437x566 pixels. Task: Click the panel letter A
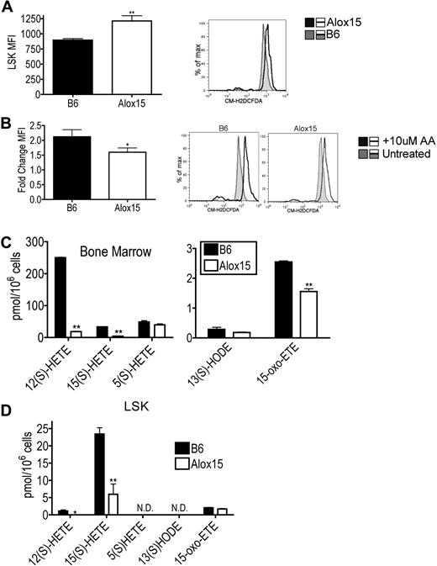point(8,8)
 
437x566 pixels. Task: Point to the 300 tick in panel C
point(34,242)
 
